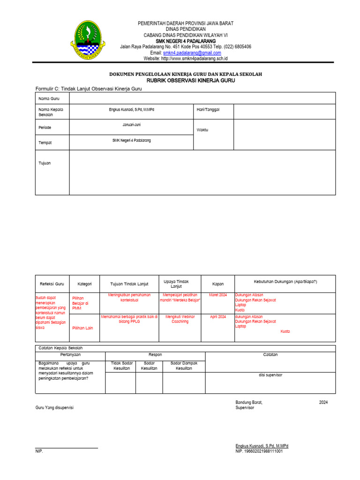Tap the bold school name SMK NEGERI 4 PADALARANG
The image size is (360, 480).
(186, 41)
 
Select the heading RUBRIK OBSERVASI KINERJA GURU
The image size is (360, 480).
(184, 81)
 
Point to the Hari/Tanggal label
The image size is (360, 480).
(208, 109)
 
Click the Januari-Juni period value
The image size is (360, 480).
(131, 125)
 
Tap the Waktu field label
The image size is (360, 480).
(202, 129)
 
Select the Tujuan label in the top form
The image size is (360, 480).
(45, 163)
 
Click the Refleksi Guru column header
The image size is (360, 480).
(52, 284)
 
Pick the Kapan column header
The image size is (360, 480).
(218, 284)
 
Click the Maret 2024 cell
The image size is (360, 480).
(218, 295)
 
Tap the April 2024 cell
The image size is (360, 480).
(218, 317)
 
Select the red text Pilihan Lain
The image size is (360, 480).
(82, 328)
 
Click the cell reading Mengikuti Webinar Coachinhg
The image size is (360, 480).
(180, 319)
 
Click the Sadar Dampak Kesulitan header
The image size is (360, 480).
(184, 366)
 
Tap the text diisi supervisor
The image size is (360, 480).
(270, 375)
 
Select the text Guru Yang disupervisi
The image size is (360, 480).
(54, 407)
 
